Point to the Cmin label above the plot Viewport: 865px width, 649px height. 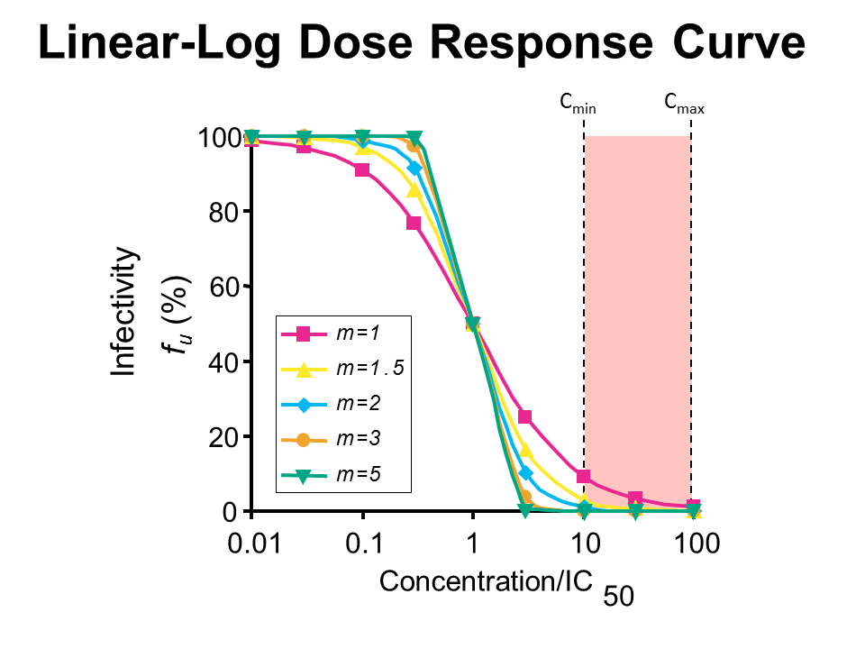pos(578,105)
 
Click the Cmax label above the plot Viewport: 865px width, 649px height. pos(684,105)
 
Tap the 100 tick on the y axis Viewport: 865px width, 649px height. pos(217,138)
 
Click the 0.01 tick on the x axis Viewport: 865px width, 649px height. pos(250,544)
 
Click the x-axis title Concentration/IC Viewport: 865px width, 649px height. pos(486,581)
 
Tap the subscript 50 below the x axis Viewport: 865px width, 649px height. pos(619,596)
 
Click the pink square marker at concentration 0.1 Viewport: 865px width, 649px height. pos(362,169)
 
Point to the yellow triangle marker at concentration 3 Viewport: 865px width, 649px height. pos(526,451)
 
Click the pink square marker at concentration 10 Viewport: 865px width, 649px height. pos(584,476)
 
